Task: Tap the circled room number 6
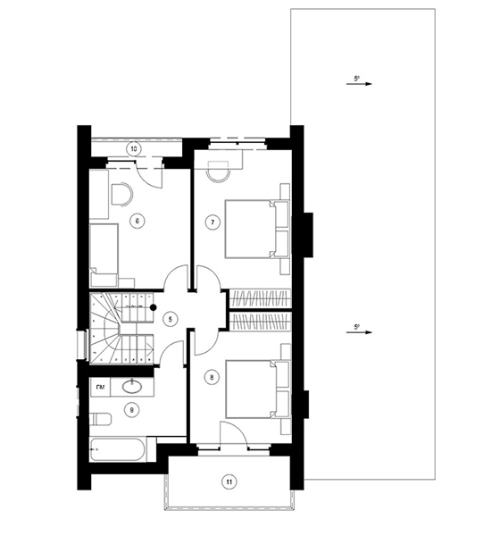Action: (x=137, y=222)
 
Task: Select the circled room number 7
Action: (x=212, y=222)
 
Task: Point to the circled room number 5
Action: (x=171, y=317)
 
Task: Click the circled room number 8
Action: (x=212, y=377)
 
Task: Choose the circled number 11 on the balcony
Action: (x=229, y=482)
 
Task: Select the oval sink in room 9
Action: (x=133, y=387)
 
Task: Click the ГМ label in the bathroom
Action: (x=101, y=387)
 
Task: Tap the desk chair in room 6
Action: (x=121, y=192)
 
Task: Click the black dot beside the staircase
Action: (x=153, y=306)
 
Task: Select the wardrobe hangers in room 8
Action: (x=260, y=320)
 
